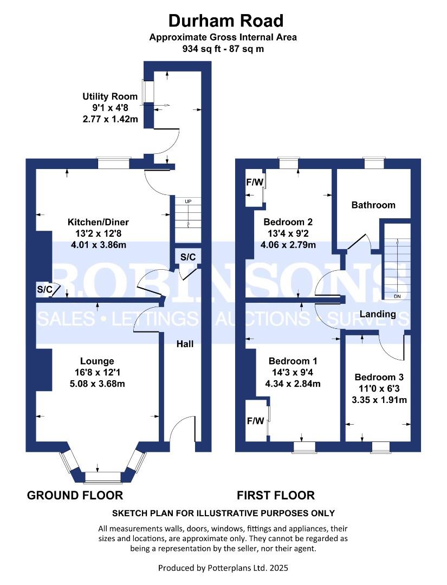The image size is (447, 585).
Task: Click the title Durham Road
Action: [x=225, y=21]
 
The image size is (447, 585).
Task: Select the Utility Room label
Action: [x=110, y=96]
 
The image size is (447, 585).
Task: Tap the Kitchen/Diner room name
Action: [x=98, y=222]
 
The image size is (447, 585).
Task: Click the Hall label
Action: [x=185, y=343]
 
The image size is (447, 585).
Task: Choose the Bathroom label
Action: [x=373, y=205]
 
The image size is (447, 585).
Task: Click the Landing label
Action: [x=378, y=314]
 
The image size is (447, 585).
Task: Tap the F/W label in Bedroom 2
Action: [x=254, y=182]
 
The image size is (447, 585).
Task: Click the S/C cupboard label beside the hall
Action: [x=187, y=257]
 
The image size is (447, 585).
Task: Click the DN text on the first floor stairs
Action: [x=397, y=296]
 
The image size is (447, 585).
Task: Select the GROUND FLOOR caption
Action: [x=75, y=495]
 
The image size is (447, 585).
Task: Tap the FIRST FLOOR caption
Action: [x=275, y=495]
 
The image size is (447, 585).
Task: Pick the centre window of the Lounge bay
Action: [x=102, y=477]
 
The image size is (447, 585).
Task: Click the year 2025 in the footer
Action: [x=277, y=568]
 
